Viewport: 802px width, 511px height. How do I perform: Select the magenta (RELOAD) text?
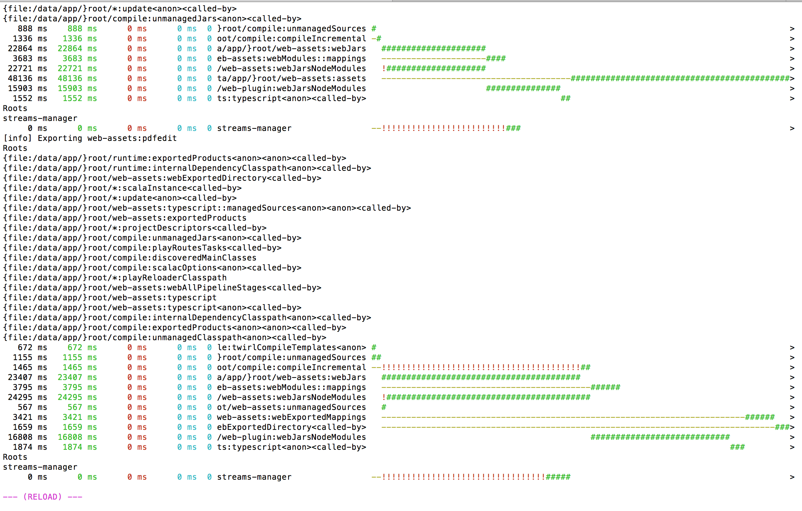coord(42,497)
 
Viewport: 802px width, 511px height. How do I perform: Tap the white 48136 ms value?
coord(27,78)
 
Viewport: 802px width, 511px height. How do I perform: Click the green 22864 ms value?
coord(77,48)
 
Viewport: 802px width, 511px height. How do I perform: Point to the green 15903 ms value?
coord(77,88)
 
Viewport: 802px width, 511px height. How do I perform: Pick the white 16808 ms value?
coord(27,437)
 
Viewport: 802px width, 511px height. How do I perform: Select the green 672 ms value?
coord(82,347)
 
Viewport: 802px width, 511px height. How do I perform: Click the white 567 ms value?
coord(32,407)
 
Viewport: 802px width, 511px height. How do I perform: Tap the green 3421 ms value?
coord(80,417)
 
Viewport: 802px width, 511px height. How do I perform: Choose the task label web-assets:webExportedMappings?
coord(291,417)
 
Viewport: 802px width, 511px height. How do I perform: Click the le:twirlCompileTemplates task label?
coord(291,347)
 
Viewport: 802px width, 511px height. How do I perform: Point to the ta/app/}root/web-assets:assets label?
coord(291,78)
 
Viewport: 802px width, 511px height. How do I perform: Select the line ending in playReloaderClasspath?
coord(115,278)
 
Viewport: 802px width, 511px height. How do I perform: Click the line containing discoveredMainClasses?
coord(130,258)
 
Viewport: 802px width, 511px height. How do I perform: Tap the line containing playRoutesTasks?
coord(142,248)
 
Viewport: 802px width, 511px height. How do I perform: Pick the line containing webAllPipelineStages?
coord(162,288)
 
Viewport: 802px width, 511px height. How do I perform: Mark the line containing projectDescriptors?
coord(134,228)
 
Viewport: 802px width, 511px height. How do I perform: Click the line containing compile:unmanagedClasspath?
coord(164,337)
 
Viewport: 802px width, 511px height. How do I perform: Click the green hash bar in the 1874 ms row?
coord(737,447)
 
